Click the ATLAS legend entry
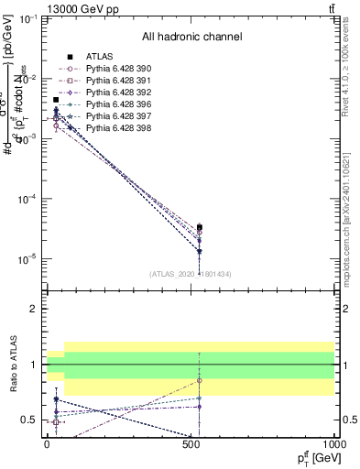pos(98,55)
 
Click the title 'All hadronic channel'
pos(191,37)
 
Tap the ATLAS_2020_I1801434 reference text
pos(191,274)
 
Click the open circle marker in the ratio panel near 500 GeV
pos(199,380)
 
